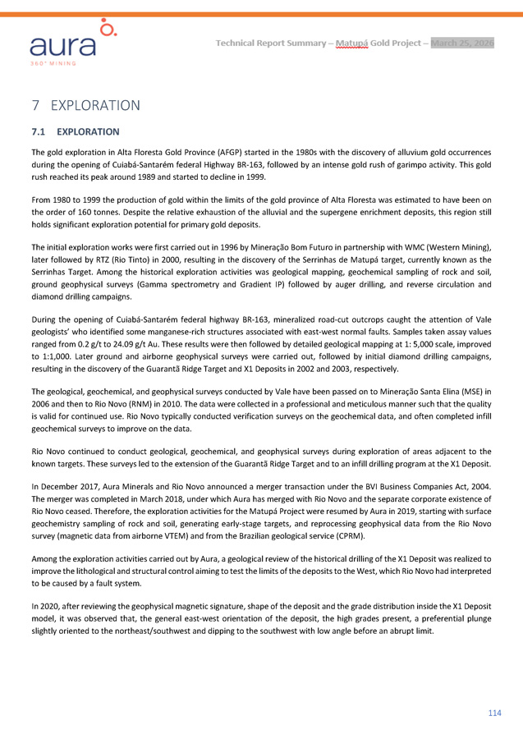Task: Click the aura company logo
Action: tap(76, 41)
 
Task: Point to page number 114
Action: tap(494, 713)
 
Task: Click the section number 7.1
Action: tap(41, 131)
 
